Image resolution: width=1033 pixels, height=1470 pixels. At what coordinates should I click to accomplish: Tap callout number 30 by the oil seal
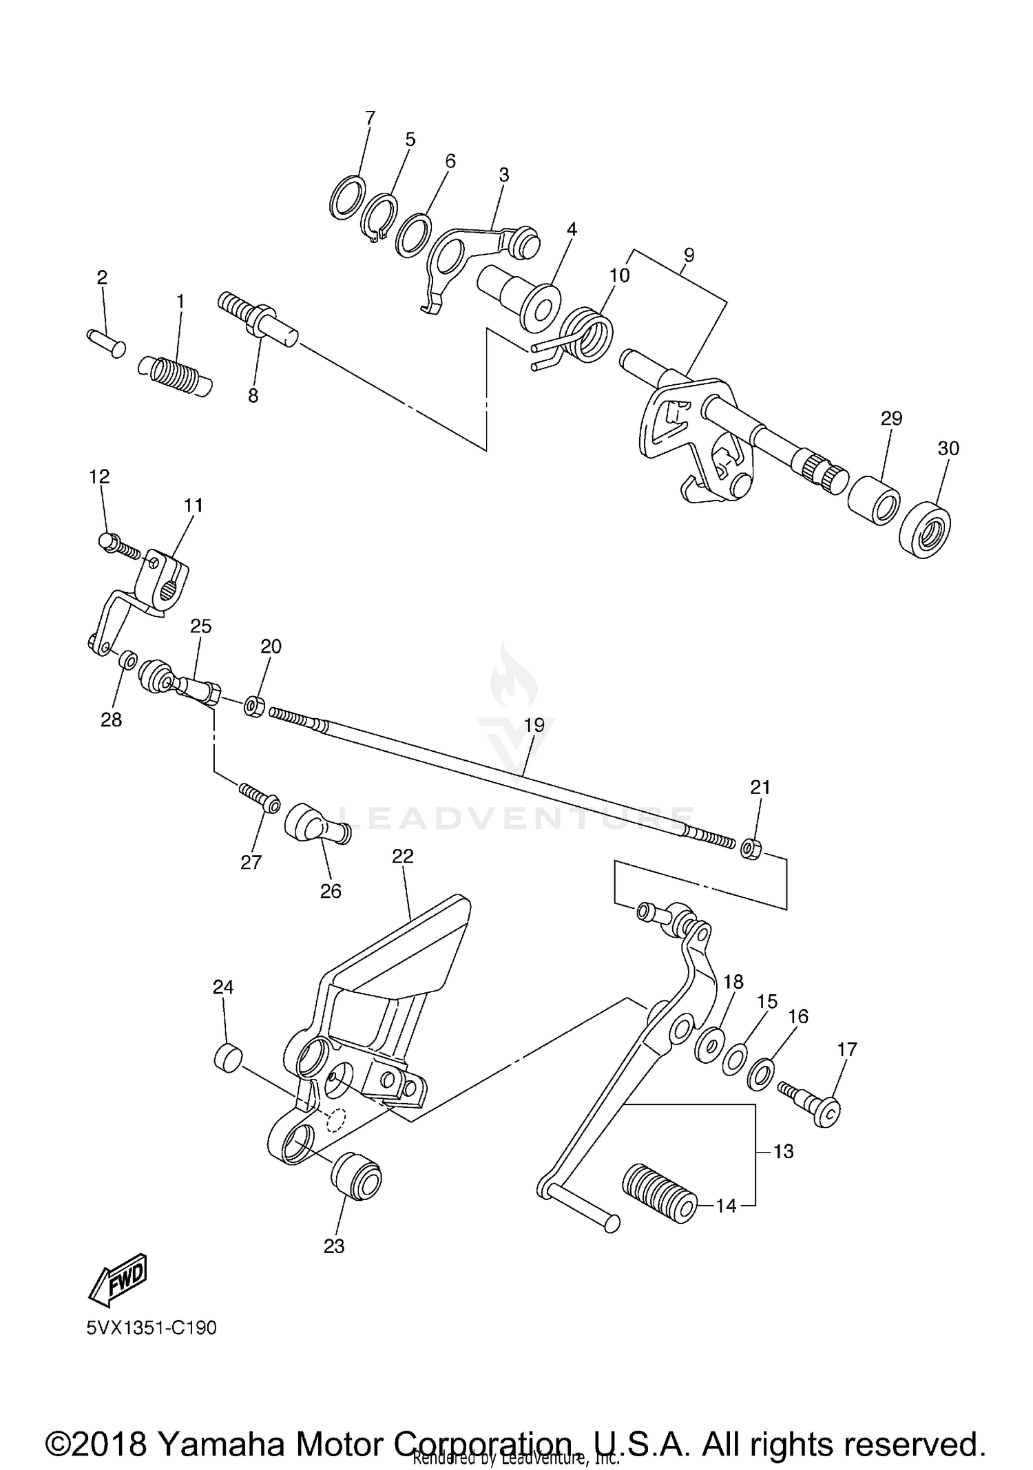click(x=948, y=448)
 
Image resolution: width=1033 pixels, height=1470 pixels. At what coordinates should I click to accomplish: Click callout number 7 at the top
click(x=371, y=118)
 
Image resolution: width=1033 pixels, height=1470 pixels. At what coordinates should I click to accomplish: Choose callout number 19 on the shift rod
click(x=534, y=724)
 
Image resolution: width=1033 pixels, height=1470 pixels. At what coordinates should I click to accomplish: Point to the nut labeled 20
click(x=254, y=706)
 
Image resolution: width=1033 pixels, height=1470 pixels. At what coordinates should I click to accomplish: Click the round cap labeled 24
click(x=228, y=1057)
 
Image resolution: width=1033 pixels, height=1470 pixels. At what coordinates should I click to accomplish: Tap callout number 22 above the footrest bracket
click(x=403, y=856)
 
